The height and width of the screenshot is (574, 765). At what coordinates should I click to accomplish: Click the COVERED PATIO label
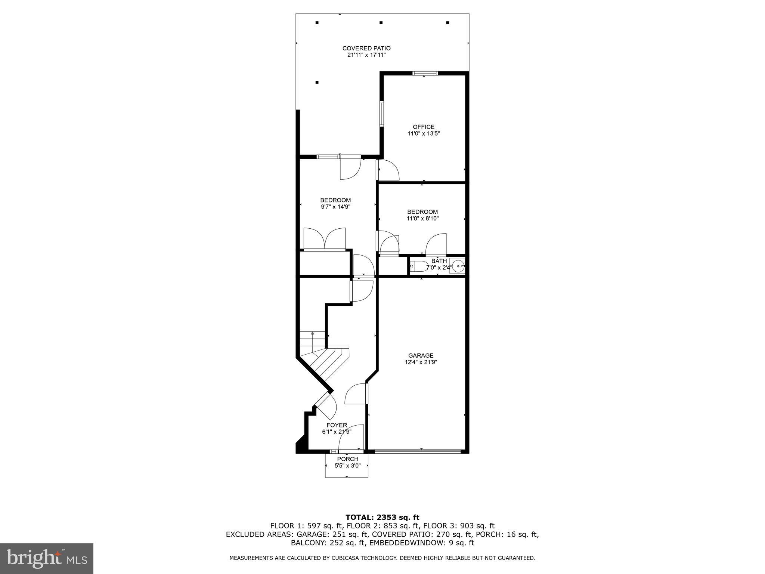tap(366, 48)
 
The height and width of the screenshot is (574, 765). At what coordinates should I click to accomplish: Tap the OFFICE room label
tap(423, 127)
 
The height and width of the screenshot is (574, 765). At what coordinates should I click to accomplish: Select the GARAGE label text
tap(421, 355)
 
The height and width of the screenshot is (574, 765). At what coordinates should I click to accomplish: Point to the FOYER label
tap(337, 425)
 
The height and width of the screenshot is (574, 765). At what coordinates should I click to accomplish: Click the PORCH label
tap(347, 459)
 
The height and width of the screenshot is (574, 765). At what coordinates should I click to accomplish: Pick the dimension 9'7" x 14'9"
tap(335, 207)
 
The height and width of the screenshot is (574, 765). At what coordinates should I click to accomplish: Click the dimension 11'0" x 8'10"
tap(422, 218)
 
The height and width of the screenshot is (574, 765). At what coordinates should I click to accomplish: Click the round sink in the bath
tap(458, 266)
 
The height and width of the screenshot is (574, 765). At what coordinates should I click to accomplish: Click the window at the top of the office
tap(425, 73)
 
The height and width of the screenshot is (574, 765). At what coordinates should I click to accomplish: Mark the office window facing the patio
tap(382, 113)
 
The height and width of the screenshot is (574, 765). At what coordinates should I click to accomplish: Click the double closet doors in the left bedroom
tap(325, 239)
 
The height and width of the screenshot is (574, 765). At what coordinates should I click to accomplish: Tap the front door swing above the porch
tap(351, 437)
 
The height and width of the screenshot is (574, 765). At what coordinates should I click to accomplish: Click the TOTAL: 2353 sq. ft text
tap(382, 517)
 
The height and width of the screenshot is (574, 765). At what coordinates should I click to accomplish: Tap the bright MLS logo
tap(47, 558)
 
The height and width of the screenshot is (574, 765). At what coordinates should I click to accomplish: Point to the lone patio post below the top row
tap(317, 82)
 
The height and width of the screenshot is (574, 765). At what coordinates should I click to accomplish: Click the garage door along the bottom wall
tap(418, 452)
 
